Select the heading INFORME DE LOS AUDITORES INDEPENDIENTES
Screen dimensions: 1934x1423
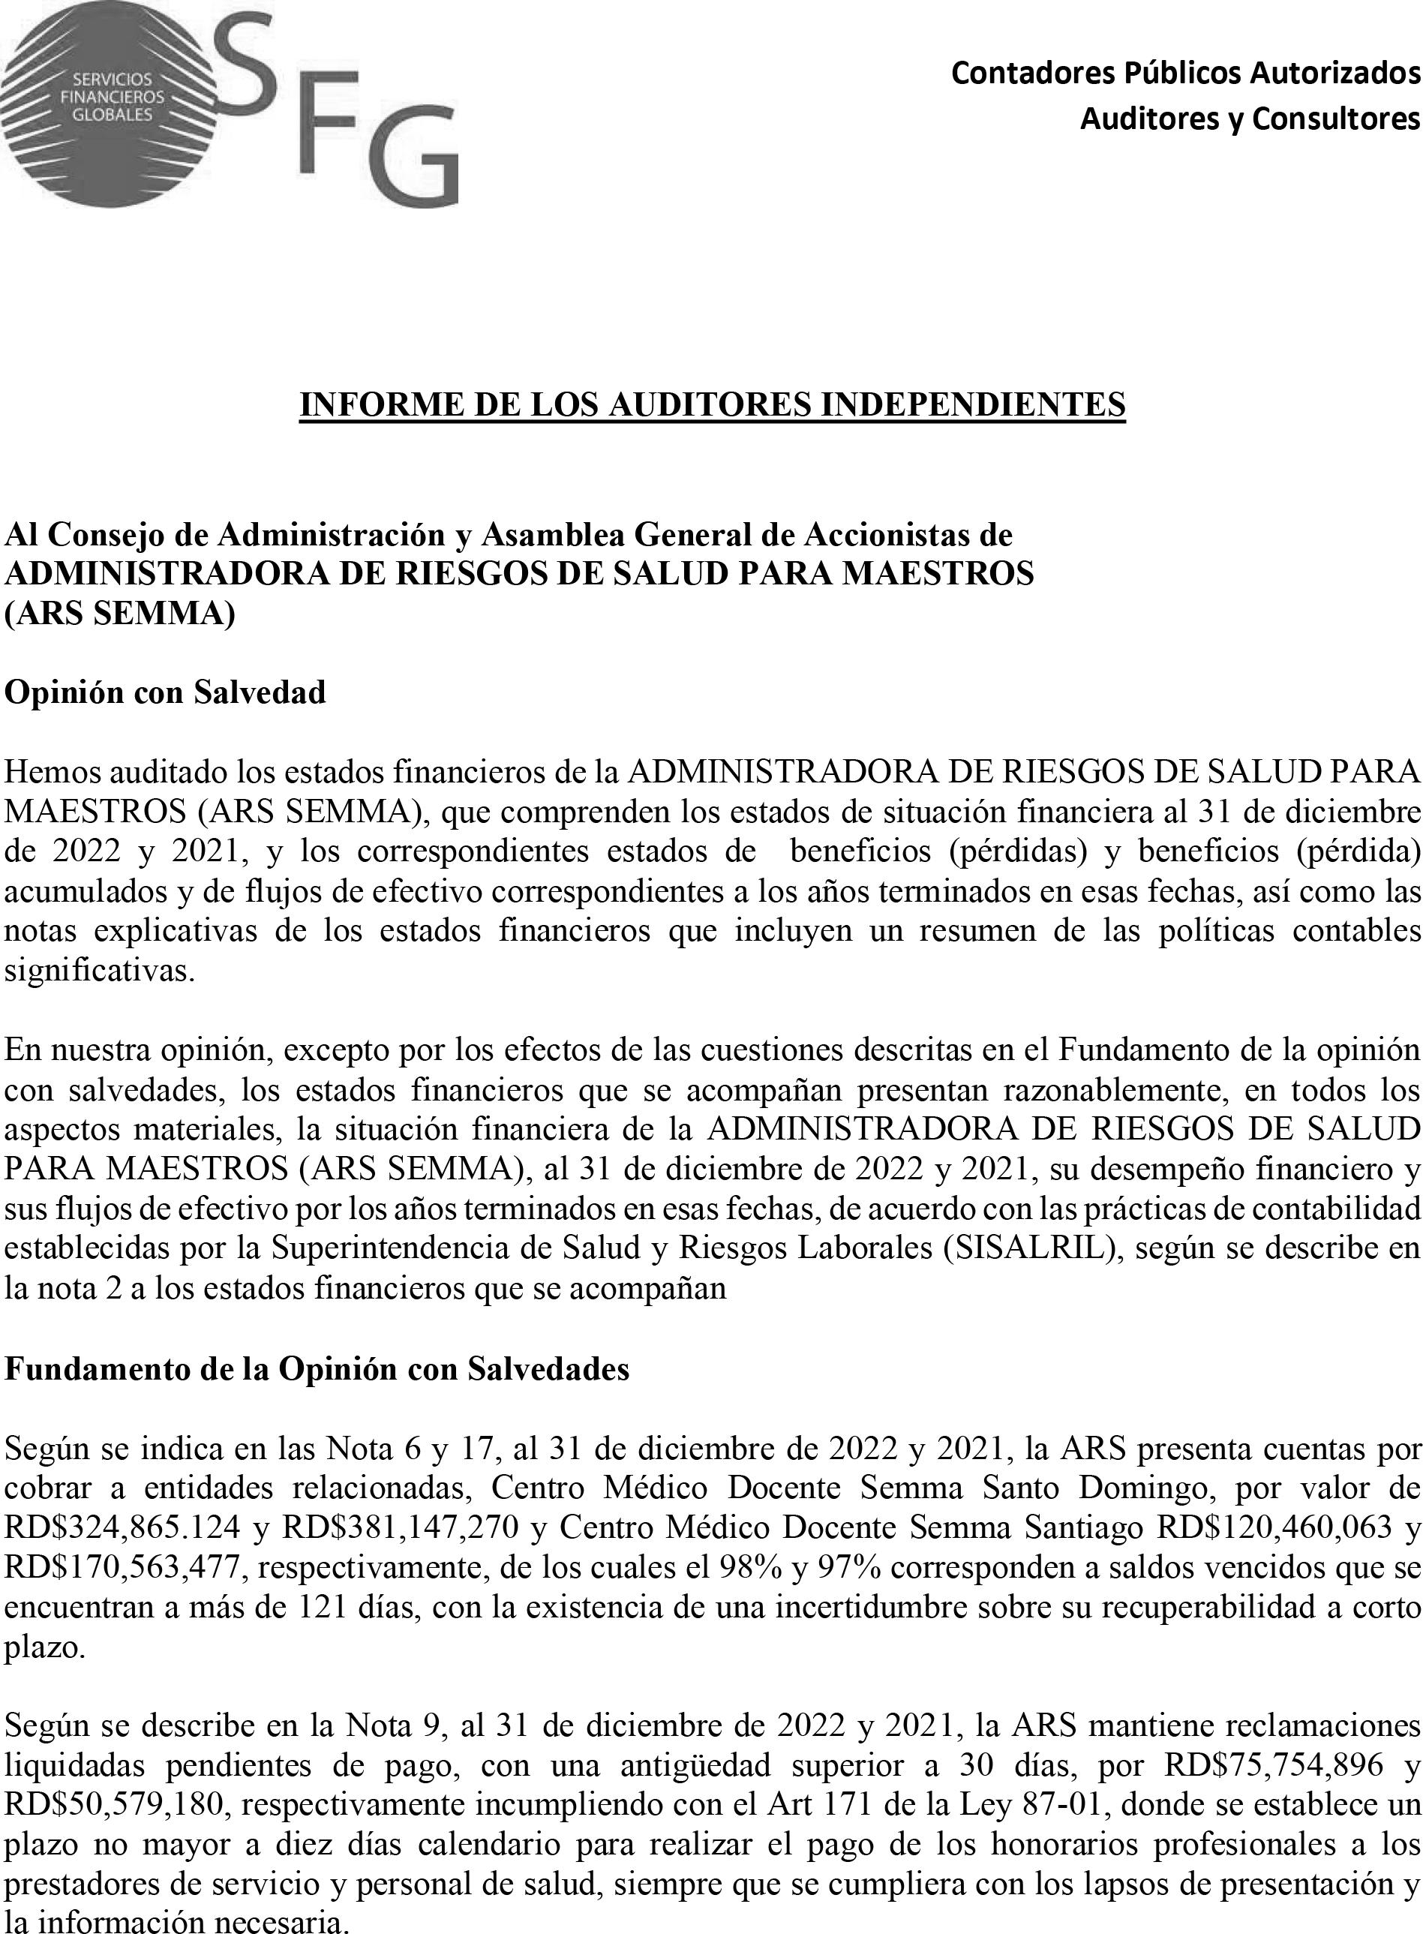(x=711, y=404)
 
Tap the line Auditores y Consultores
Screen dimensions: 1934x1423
(x=1250, y=118)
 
